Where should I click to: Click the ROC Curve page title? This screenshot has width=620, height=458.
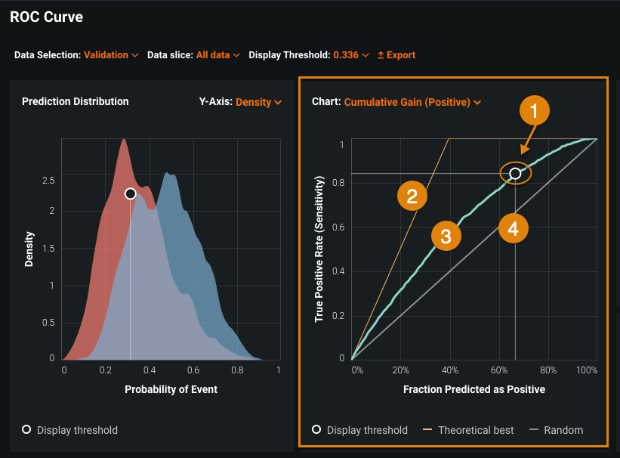pos(47,17)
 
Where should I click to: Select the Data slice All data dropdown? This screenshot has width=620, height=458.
pos(217,55)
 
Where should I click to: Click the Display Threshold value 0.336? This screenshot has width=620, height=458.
pos(351,55)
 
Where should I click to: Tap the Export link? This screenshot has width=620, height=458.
pos(396,55)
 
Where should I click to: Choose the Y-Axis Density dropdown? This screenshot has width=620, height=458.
pos(258,102)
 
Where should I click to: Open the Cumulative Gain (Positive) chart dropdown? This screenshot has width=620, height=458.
pos(412,102)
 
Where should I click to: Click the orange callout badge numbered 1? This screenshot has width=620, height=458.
pos(534,113)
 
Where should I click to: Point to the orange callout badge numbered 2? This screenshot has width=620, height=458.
pos(412,197)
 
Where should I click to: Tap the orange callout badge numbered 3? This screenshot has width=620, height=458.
pos(446,236)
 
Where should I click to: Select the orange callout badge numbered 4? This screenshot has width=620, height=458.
pos(514,229)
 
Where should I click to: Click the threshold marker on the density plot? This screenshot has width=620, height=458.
pos(130,194)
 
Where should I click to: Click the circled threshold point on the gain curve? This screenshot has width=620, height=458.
pos(515,173)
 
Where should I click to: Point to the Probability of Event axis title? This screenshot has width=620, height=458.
pos(171,389)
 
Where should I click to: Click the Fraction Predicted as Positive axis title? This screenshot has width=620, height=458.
pos(473,389)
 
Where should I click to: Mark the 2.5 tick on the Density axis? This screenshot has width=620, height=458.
pos(48,181)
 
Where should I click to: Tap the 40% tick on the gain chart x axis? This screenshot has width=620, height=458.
pos(450,371)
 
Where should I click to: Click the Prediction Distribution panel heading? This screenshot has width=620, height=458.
pos(76,101)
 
